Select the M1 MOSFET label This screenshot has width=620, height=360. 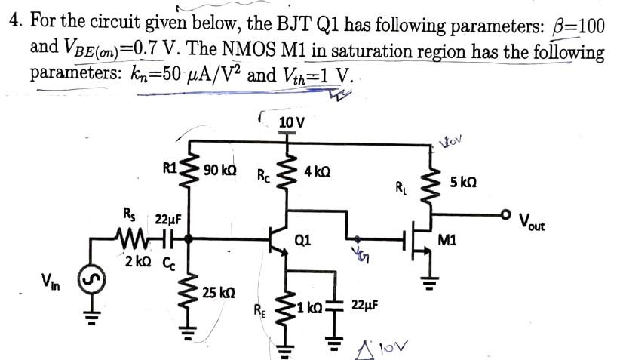click(447, 242)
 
